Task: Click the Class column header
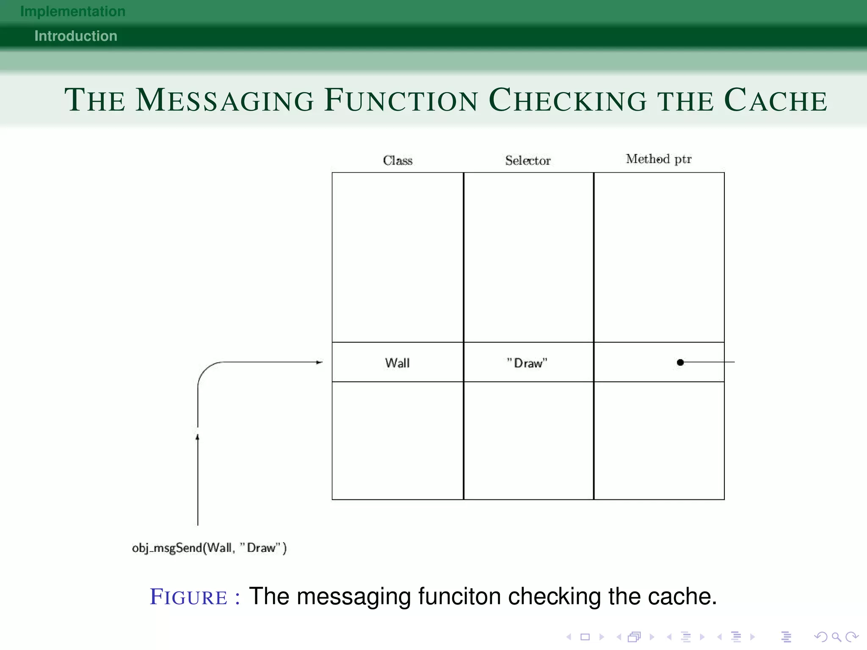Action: click(398, 160)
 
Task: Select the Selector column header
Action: click(528, 160)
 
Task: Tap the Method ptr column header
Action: click(659, 159)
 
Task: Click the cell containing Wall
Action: click(398, 363)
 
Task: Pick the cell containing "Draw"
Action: click(527, 363)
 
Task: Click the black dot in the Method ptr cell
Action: click(680, 362)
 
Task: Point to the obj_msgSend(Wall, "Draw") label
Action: click(209, 548)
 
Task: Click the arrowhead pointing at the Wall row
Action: click(320, 362)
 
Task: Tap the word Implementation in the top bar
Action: click(73, 11)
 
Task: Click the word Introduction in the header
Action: click(76, 36)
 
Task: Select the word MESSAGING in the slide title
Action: click(225, 100)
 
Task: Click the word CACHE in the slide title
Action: click(776, 100)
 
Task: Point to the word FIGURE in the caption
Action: click(189, 597)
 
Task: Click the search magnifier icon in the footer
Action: click(836, 637)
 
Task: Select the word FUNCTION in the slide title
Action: click(401, 100)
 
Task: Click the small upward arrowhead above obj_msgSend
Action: click(197, 437)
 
